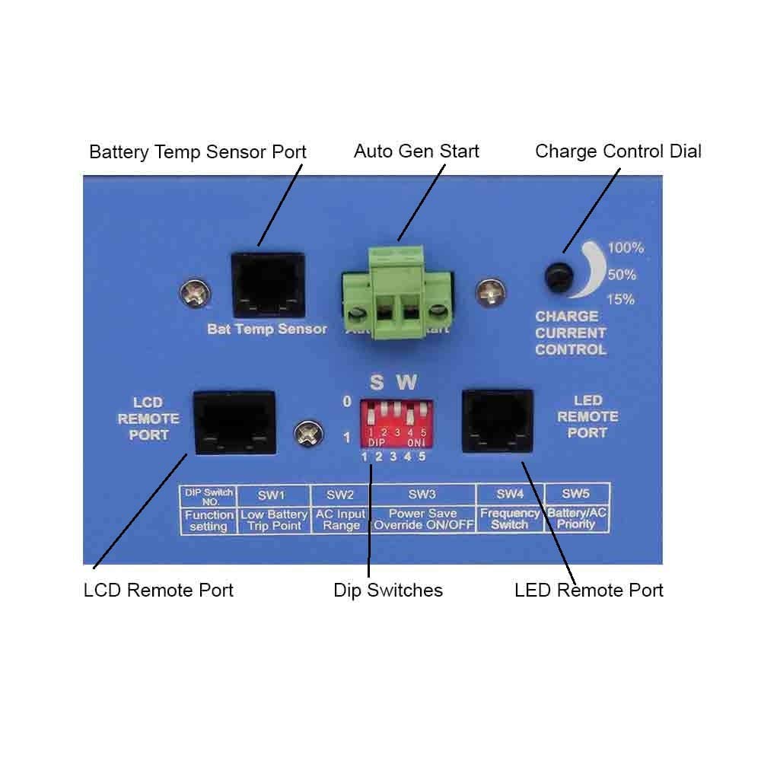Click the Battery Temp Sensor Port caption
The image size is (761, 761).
198,151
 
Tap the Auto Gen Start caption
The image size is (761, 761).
416,151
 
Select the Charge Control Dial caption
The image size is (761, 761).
618,151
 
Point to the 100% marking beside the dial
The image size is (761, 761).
626,248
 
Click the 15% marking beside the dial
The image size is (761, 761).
620,299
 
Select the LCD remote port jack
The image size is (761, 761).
234,422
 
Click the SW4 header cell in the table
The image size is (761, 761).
509,495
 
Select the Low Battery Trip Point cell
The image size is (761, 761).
274,521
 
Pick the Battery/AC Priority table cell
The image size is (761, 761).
577,520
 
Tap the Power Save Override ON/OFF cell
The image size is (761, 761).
424,520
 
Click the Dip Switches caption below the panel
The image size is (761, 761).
388,590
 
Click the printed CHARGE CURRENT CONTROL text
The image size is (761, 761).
571,333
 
